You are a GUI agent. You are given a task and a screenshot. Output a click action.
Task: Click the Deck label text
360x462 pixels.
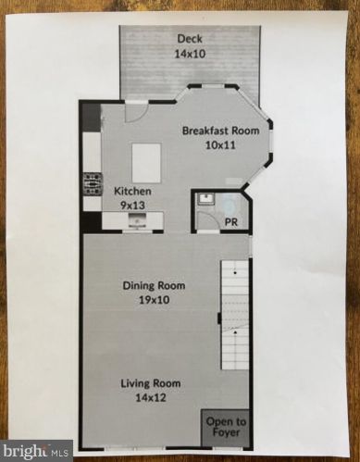tap(192, 38)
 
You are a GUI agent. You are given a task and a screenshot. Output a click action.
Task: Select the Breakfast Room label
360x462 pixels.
tap(221, 131)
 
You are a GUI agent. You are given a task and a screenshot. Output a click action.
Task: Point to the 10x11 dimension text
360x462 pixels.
tap(221, 145)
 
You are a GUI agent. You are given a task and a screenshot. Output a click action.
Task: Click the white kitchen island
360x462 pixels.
tap(144, 163)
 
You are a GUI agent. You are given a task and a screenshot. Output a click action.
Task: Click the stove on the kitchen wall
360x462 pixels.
tap(93, 182)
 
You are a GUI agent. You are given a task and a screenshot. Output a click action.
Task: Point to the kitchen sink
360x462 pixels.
tap(136, 220)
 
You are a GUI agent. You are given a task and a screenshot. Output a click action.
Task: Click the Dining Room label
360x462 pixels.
tap(154, 286)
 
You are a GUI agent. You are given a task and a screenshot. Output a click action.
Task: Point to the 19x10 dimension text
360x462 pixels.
tap(154, 300)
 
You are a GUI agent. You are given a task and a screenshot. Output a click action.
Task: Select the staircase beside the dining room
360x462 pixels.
tap(235, 315)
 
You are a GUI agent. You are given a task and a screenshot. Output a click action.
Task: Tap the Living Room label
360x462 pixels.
tap(149, 383)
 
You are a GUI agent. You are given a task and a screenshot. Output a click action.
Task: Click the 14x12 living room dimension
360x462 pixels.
tap(149, 397)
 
